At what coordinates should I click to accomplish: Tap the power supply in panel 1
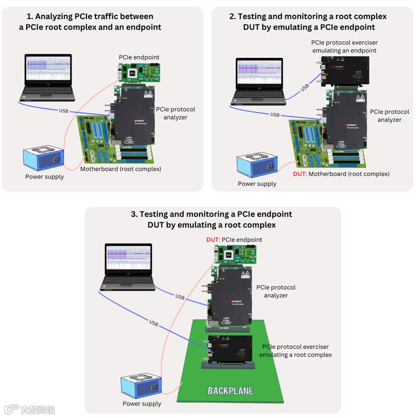point(43,161)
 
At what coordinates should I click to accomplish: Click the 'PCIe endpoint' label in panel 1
point(139,57)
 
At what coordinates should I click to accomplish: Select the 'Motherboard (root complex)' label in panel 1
point(120,169)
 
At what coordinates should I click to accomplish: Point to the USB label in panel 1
point(64,111)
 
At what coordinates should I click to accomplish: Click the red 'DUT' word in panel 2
point(299,174)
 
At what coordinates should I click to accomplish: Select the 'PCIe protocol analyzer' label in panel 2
point(389,116)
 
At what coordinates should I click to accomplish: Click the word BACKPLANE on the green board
point(230,391)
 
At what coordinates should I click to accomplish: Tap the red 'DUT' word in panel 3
point(212,240)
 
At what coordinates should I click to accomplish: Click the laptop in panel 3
point(129,265)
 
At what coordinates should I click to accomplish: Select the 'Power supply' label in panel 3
point(142,404)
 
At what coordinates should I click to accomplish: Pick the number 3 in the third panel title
point(134,214)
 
